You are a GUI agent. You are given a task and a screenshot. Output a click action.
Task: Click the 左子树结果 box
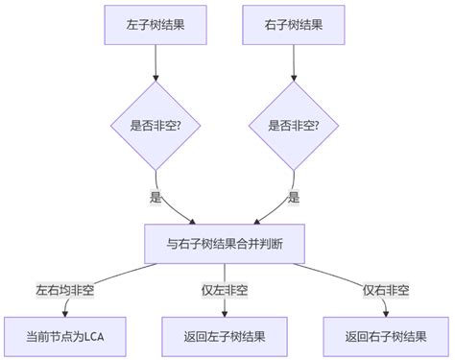pos(155,25)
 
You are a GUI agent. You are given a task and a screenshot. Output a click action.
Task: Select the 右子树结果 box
pos(294,25)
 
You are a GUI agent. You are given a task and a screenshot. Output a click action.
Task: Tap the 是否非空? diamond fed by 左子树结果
pos(155,126)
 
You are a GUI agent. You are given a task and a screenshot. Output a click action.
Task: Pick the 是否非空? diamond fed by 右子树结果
pos(294,126)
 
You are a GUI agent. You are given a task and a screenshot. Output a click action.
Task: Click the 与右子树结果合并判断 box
pos(225,244)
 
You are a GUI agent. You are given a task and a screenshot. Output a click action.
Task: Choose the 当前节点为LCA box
pos(65,337)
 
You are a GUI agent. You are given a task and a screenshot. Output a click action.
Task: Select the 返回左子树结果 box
pos(225,337)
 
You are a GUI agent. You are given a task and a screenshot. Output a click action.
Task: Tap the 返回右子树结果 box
pos(386,337)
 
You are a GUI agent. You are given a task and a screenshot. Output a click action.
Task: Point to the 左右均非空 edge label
pos(65,290)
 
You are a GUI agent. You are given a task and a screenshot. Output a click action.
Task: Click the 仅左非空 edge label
pos(225,290)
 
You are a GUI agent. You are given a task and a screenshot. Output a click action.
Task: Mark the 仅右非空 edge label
pos(386,290)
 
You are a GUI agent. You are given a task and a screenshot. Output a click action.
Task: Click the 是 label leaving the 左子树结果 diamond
pos(156,198)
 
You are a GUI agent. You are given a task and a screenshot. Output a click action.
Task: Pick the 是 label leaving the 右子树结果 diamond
pos(294,198)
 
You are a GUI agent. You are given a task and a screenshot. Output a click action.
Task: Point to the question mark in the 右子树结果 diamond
pos(316,126)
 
